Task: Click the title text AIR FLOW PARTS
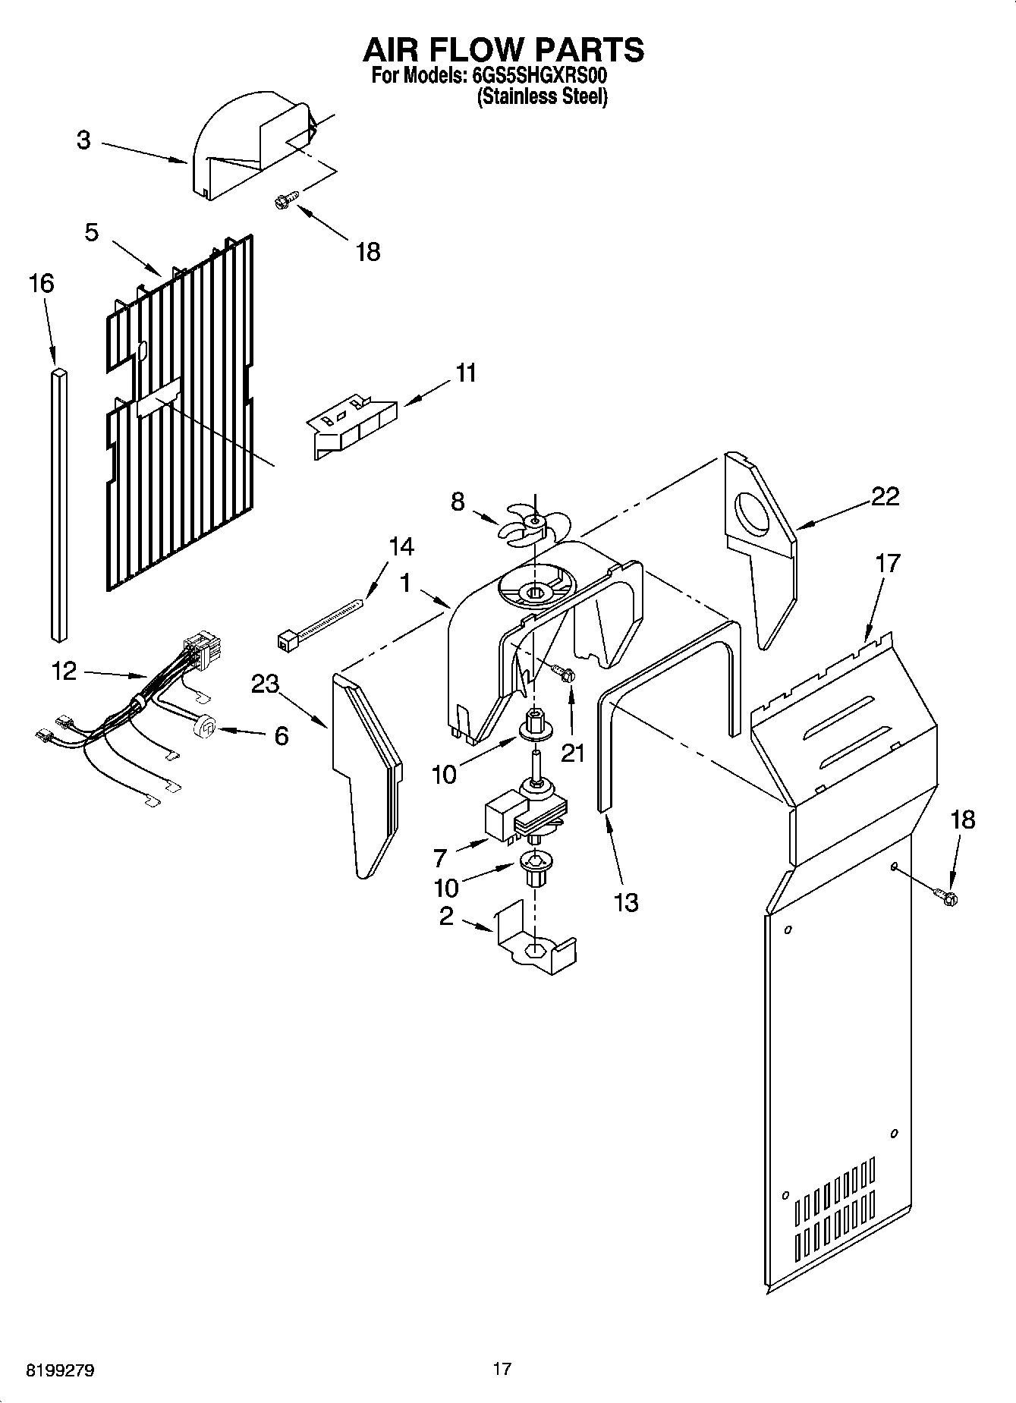[x=503, y=49]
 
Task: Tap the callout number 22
[x=885, y=496]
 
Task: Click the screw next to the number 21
[x=564, y=672]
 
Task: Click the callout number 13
[x=626, y=902]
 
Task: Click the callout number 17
[x=887, y=563]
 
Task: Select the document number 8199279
[x=61, y=1371]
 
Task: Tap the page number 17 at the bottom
[x=502, y=1369]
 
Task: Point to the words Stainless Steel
[x=542, y=97]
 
